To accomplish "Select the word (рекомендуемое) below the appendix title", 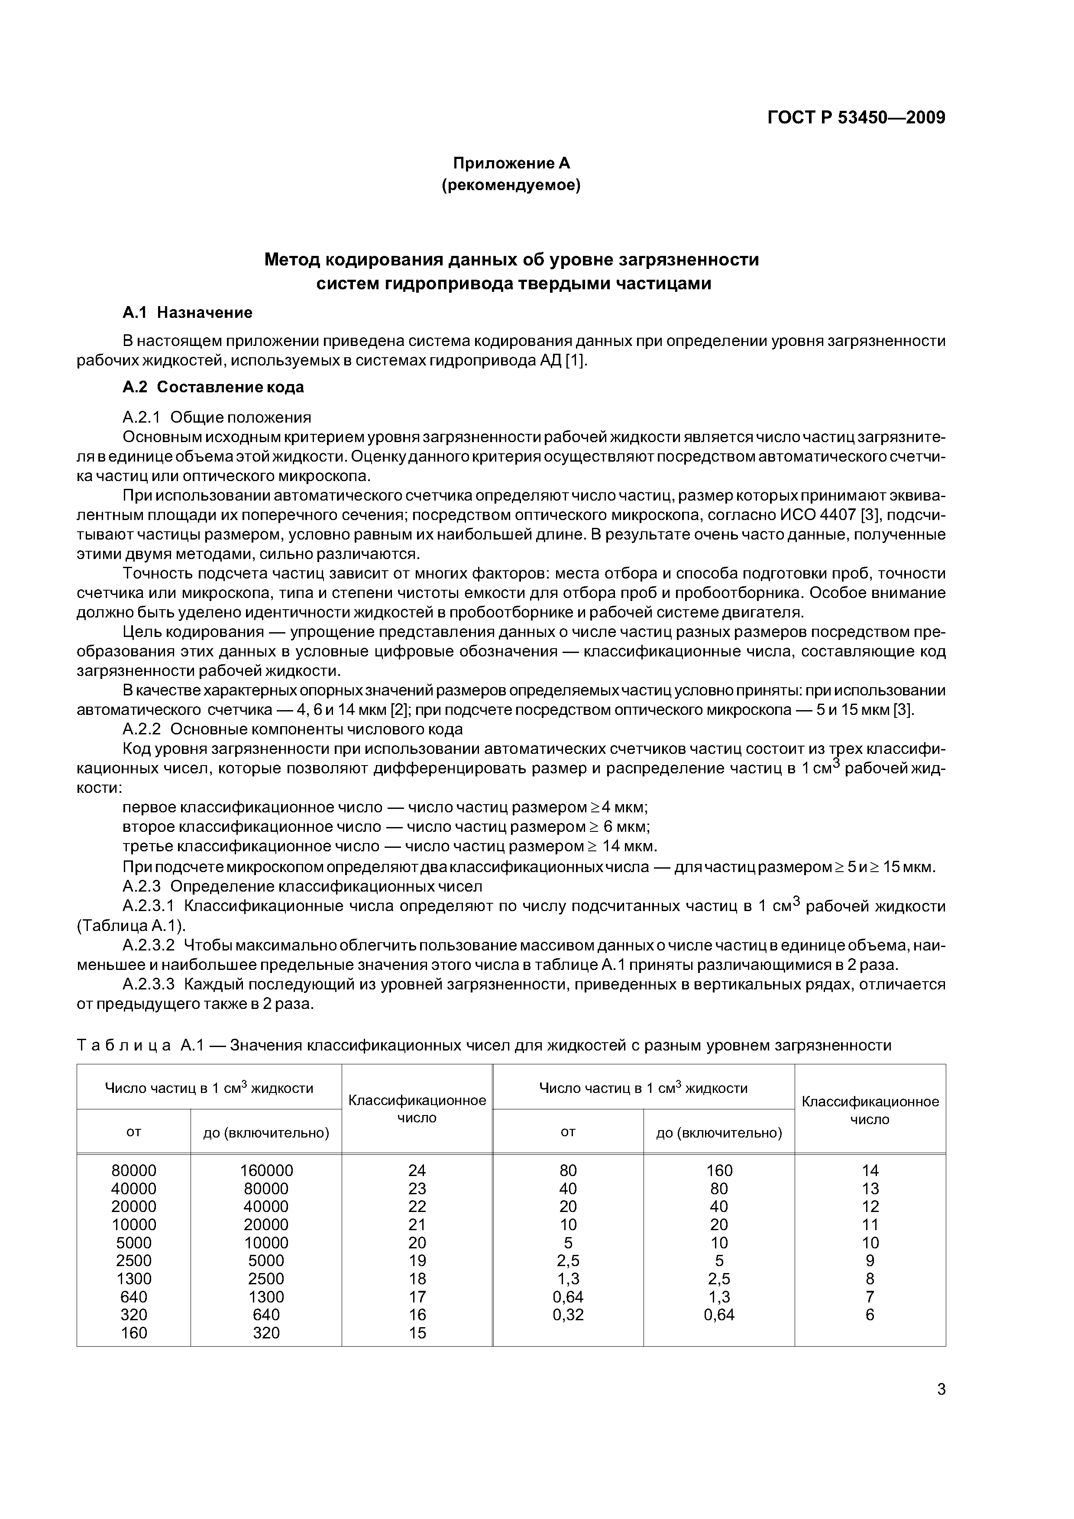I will tap(511, 186).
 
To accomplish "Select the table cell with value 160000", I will tap(266, 1170).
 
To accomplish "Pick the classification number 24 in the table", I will tap(417, 1170).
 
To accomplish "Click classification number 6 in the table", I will tap(870, 1315).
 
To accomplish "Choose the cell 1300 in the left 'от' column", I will tap(134, 1278).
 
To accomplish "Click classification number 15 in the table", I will tap(417, 1332).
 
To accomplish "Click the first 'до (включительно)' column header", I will tap(266, 1133).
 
